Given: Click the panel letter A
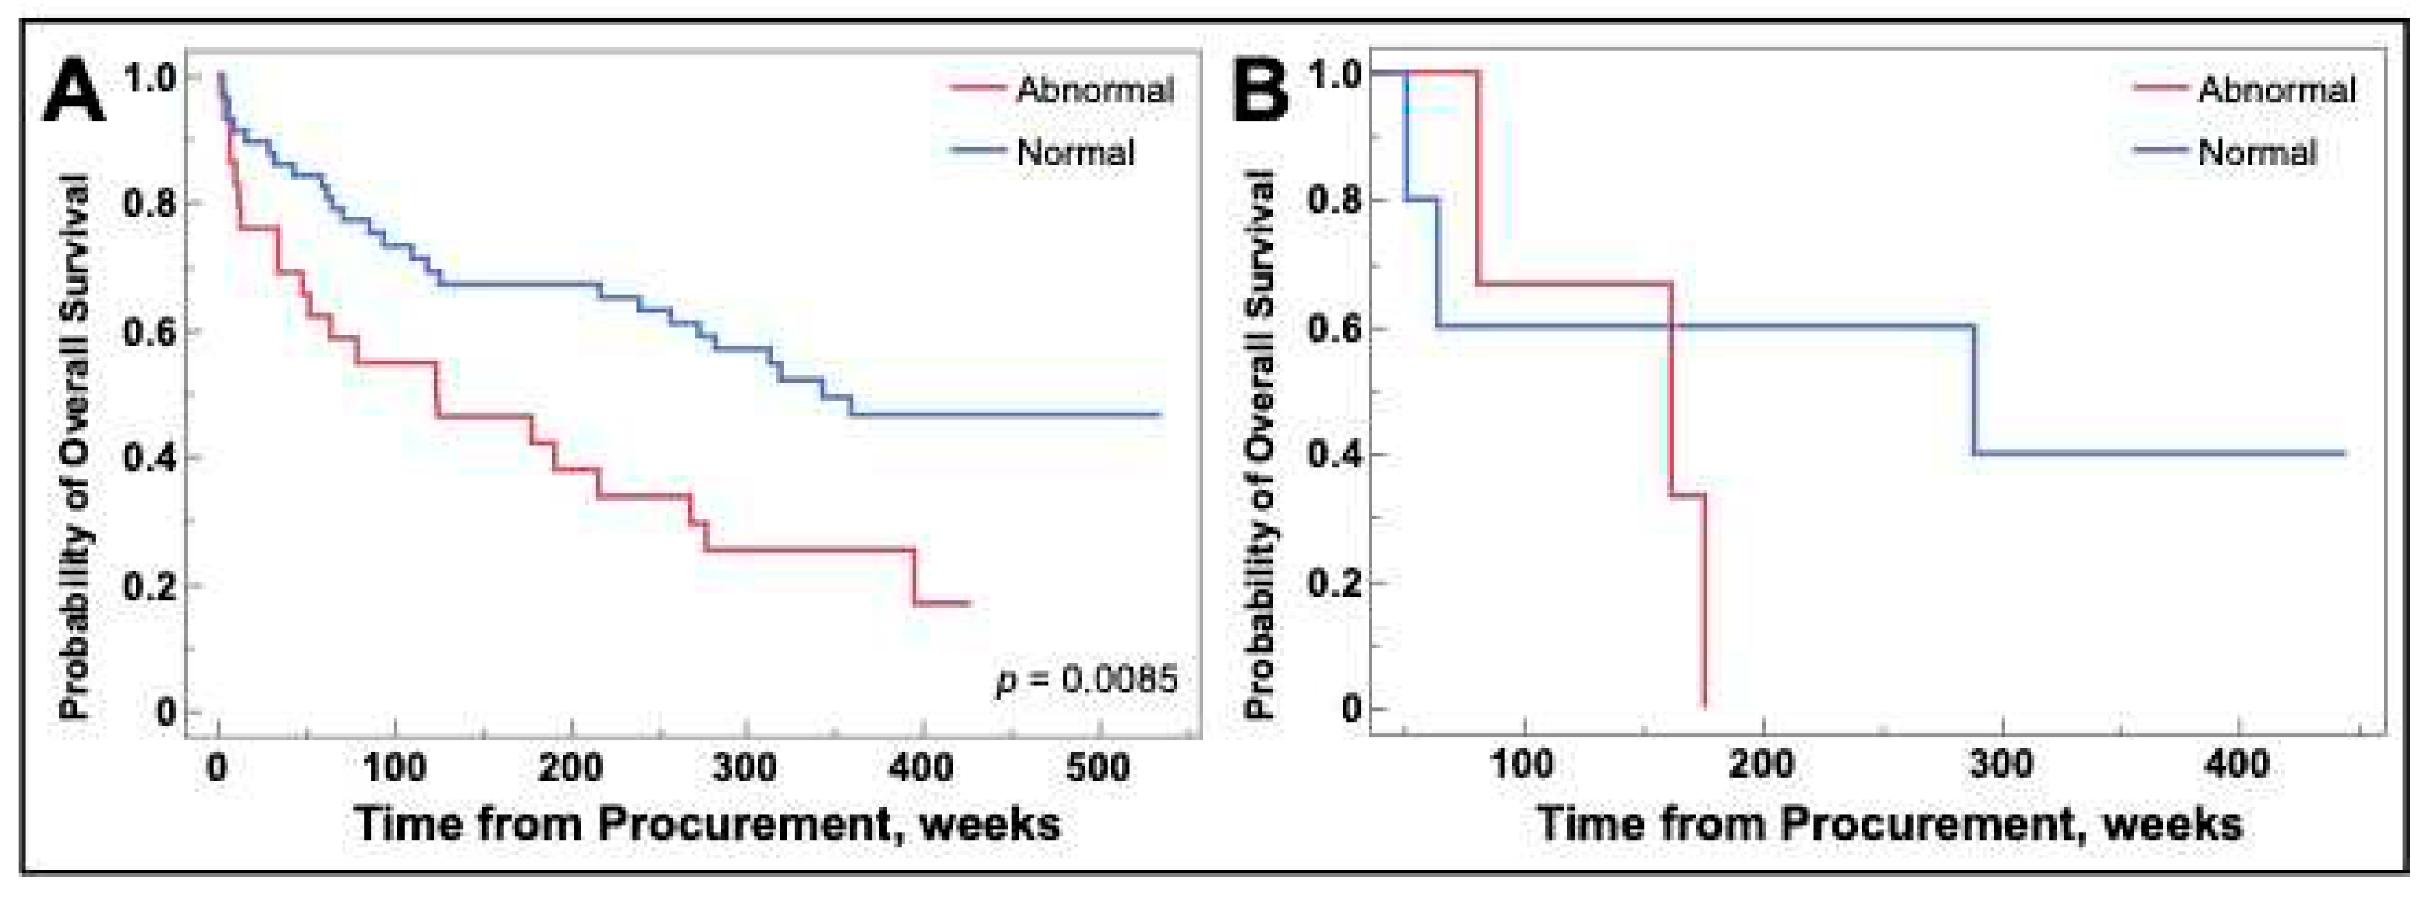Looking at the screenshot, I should point(73,93).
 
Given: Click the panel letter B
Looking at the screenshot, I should point(1260,93).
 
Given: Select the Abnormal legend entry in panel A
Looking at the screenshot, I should point(1094,91).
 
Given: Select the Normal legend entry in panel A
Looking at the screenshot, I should point(1075,152).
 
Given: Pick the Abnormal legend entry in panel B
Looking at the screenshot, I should point(2276,91).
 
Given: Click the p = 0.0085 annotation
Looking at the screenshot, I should point(1088,679).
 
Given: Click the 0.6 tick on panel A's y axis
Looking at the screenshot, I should point(152,331).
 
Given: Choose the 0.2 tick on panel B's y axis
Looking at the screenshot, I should point(1336,582).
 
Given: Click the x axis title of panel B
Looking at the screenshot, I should point(1890,824).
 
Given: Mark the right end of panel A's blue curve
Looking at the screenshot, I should point(1160,414).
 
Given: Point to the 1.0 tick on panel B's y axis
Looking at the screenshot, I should point(1336,73).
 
